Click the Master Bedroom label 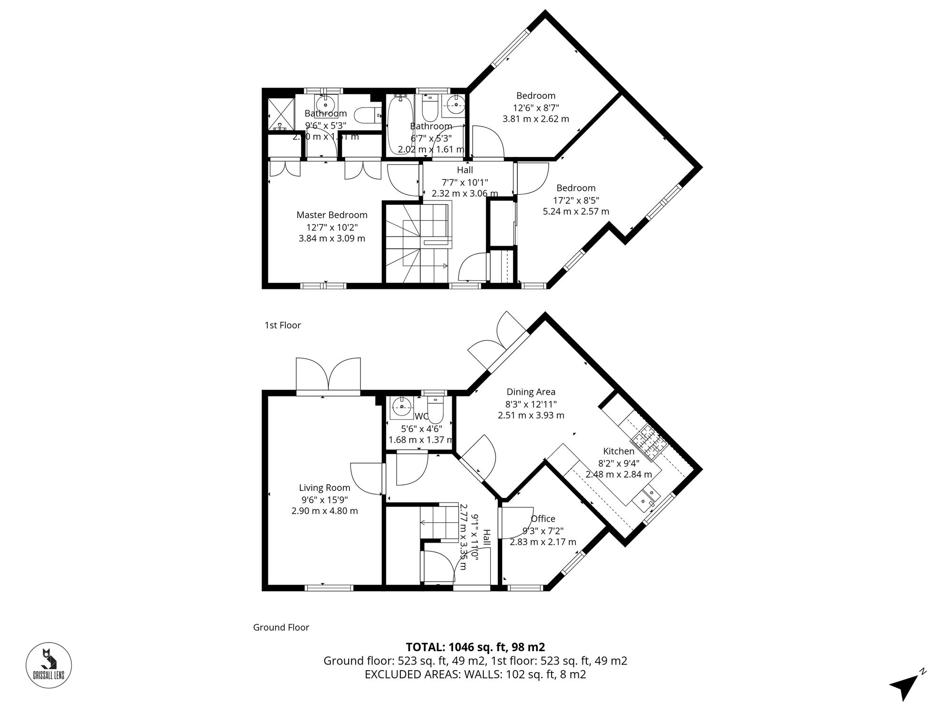(332, 215)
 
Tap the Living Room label (325, 488)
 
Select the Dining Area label (531, 392)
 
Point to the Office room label (543, 519)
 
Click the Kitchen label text (619, 451)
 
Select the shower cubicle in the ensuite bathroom (279, 114)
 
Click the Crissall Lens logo (49, 665)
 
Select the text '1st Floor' (283, 326)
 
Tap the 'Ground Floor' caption (281, 627)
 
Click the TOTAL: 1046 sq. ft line (475, 647)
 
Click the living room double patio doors (328, 376)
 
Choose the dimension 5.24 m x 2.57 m (576, 211)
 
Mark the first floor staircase (417, 243)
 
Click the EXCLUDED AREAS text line (475, 674)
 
